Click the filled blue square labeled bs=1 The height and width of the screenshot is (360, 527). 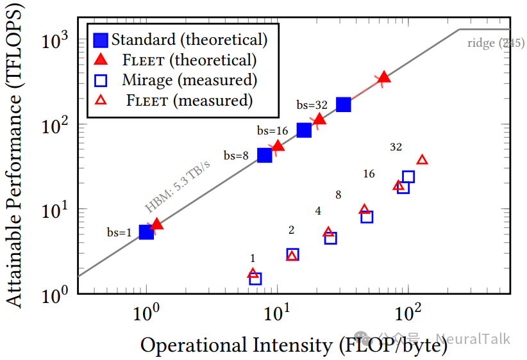pyautogui.click(x=146, y=232)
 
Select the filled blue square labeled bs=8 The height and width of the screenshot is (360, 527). pyautogui.click(x=264, y=155)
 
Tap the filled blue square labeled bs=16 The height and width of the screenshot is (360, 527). pyautogui.click(x=304, y=130)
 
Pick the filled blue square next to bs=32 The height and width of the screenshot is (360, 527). pyautogui.click(x=344, y=104)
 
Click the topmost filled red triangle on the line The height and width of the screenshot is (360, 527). pyautogui.click(x=384, y=78)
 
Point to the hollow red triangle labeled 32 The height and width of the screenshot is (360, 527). pyautogui.click(x=422, y=160)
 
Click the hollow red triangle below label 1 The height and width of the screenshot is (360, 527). pyautogui.click(x=253, y=274)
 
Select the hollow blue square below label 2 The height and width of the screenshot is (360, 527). pyautogui.click(x=292, y=254)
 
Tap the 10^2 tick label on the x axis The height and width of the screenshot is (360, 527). pyautogui.click(x=408, y=315)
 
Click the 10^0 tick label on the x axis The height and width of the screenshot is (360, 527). pyautogui.click(x=147, y=315)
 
